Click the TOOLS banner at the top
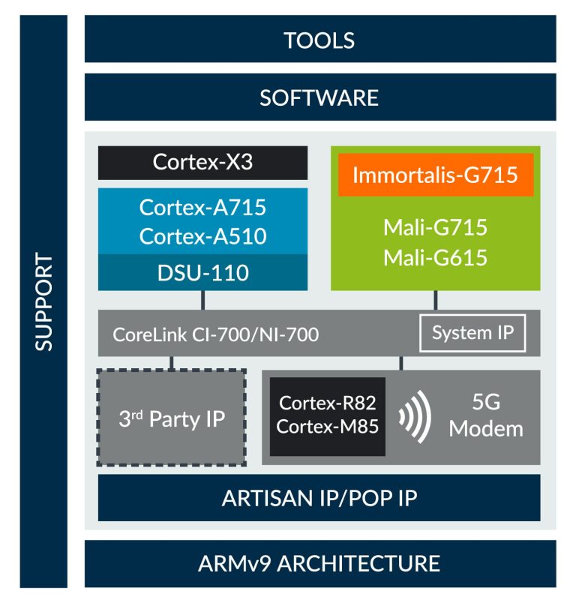319,39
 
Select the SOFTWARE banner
319,97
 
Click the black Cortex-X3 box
202,162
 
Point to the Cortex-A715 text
202,207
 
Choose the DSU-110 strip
202,271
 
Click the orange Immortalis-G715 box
435,175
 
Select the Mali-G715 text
435,226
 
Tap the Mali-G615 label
435,257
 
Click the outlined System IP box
472,332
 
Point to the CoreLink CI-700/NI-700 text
216,334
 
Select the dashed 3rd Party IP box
172,418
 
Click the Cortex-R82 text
327,403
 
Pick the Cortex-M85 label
327,427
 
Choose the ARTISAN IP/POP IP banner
319,498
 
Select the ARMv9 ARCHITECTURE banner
319,562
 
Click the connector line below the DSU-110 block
202,300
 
